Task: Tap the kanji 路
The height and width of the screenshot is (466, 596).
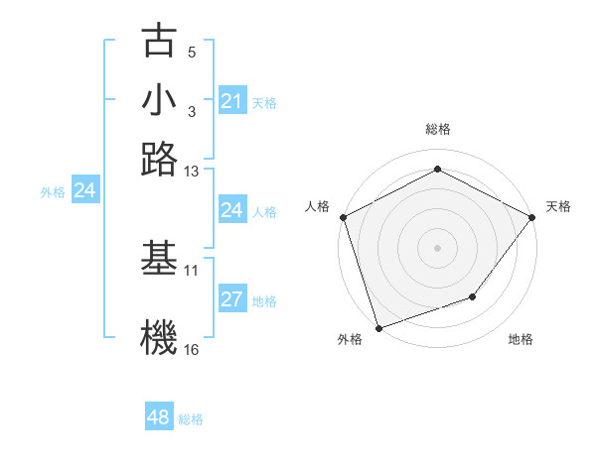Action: click(159, 159)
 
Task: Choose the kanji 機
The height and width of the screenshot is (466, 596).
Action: click(159, 337)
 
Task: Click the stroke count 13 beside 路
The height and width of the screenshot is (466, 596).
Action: click(192, 172)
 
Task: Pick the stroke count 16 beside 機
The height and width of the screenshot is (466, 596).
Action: click(192, 349)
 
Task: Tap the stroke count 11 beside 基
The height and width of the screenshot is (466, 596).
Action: click(192, 269)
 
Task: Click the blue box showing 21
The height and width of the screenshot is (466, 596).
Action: click(231, 101)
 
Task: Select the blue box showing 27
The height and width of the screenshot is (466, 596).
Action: click(231, 300)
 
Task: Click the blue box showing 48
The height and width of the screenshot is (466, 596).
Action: click(159, 417)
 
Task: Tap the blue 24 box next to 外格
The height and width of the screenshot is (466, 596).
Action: click(84, 190)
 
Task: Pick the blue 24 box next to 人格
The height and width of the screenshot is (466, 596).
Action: click(231, 210)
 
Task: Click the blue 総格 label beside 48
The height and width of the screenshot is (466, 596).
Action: click(191, 419)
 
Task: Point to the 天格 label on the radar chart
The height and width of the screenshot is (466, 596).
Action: click(558, 206)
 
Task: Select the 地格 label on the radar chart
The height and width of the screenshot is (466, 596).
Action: click(521, 339)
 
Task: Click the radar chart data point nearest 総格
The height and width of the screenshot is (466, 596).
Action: click(437, 170)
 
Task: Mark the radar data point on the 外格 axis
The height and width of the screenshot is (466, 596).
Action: click(378, 327)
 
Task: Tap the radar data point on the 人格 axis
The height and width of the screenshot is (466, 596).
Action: click(343, 217)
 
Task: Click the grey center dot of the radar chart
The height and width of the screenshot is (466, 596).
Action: click(437, 247)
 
